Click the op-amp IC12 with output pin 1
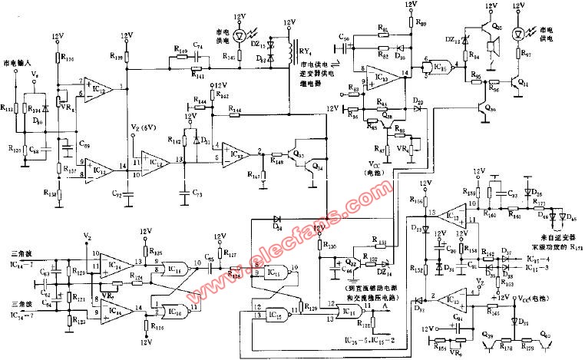[97, 89]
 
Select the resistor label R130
[332, 246]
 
